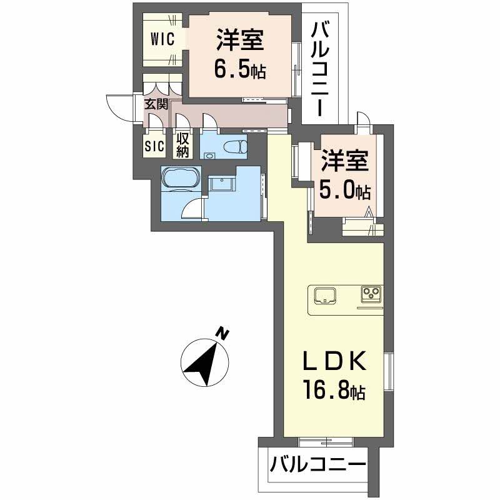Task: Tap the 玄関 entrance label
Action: [156, 105]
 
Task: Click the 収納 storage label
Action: [182, 145]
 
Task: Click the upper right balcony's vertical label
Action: [321, 69]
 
